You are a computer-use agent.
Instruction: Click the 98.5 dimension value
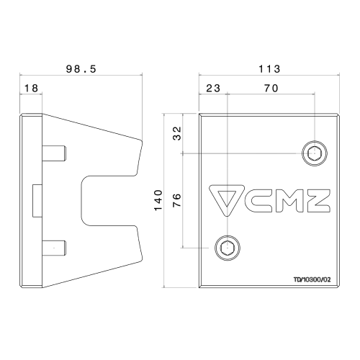point(81,69)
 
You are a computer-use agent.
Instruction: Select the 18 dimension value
point(31,89)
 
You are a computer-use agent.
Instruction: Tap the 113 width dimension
point(269,69)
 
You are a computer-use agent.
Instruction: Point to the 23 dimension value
point(213,89)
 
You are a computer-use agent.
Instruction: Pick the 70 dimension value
point(271,89)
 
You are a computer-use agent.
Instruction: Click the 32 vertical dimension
point(177,133)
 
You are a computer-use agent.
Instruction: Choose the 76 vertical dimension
point(177,200)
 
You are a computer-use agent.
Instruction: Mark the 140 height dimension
point(158,200)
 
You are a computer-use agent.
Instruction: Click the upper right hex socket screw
point(315,153)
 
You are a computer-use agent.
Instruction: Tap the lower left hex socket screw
point(228,248)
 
